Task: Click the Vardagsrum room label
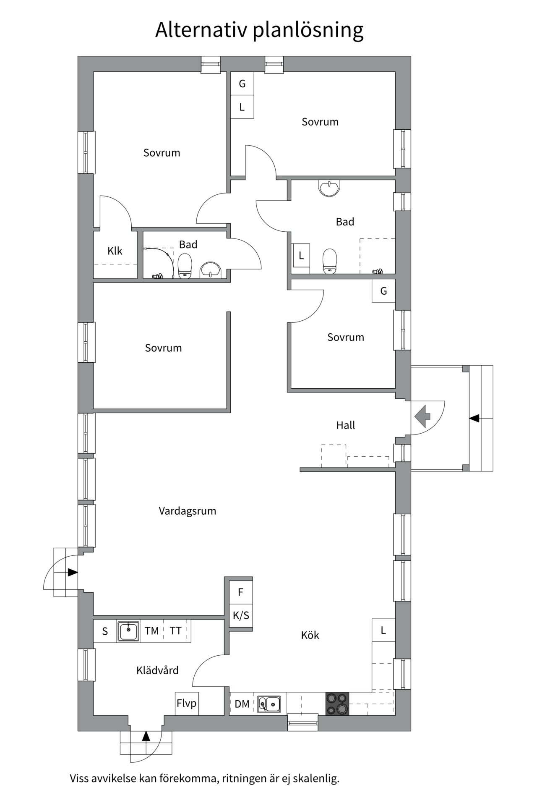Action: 187,511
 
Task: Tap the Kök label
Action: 310,635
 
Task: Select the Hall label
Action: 345,425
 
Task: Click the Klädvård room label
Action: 157,670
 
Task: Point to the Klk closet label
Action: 115,251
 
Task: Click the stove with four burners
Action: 337,704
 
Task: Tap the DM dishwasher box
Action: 242,704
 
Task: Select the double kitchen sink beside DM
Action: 269,704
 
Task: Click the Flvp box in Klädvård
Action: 187,703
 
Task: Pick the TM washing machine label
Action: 151,631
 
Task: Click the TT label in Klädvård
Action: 175,631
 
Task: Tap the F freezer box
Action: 241,592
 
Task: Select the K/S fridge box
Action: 241,615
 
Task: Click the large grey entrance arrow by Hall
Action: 422,417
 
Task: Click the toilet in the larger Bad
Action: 330,261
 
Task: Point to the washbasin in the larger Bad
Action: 329,188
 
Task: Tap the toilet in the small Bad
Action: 185,266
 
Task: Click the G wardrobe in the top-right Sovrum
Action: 242,84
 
